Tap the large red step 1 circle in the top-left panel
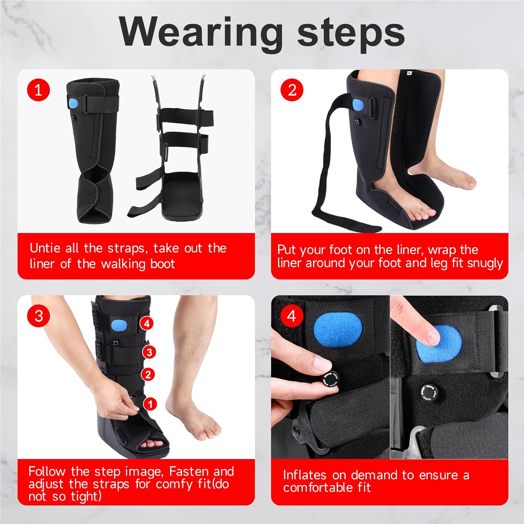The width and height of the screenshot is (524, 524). (38, 90)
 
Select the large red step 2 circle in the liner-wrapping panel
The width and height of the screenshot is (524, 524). (292, 90)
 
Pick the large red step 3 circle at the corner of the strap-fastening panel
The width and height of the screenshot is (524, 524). (38, 316)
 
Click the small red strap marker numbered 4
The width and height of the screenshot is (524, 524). (147, 323)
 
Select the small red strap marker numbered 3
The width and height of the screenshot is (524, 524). (149, 352)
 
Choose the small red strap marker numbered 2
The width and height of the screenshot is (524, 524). (148, 375)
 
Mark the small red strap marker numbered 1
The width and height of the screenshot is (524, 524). (150, 404)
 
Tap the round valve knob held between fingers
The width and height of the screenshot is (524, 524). (330, 379)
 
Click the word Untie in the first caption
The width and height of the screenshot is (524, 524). (45, 248)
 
